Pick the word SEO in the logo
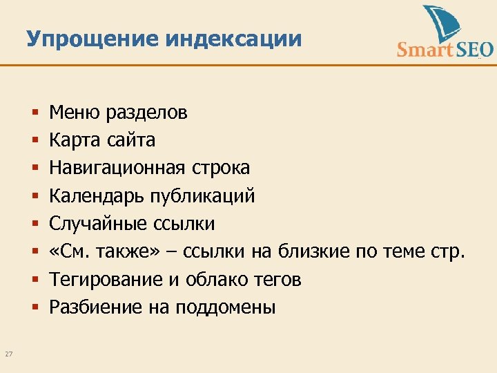pos(474,50)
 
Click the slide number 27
pos(9,355)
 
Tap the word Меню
pos(72,113)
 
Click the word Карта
pos(75,140)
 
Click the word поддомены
pos(225,307)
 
